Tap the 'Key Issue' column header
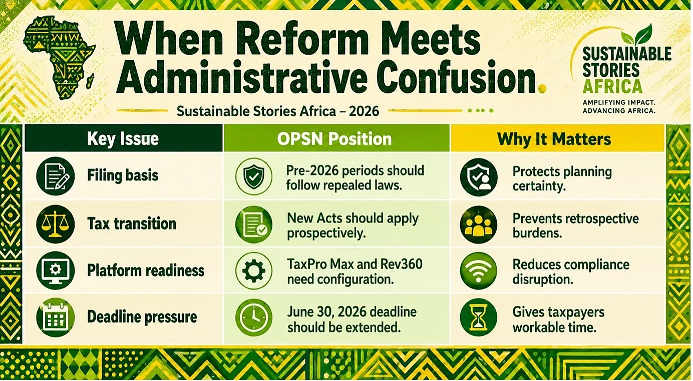[x=123, y=139]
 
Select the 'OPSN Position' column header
[x=334, y=139]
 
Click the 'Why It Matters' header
[x=554, y=139]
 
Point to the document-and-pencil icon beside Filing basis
[x=56, y=176]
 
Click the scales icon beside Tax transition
[x=56, y=224]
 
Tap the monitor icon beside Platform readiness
[x=56, y=270]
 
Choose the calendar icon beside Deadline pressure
[x=56, y=317]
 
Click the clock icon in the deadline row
[x=254, y=317]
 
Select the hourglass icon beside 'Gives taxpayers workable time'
[x=479, y=317]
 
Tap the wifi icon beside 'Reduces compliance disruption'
[x=479, y=271]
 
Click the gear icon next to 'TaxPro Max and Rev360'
[x=254, y=271]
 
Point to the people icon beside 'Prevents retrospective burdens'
[x=479, y=225]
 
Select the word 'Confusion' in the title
[x=457, y=76]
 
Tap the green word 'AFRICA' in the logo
[x=612, y=86]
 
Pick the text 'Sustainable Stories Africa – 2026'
[x=278, y=111]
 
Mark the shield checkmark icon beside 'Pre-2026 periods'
[x=254, y=176]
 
